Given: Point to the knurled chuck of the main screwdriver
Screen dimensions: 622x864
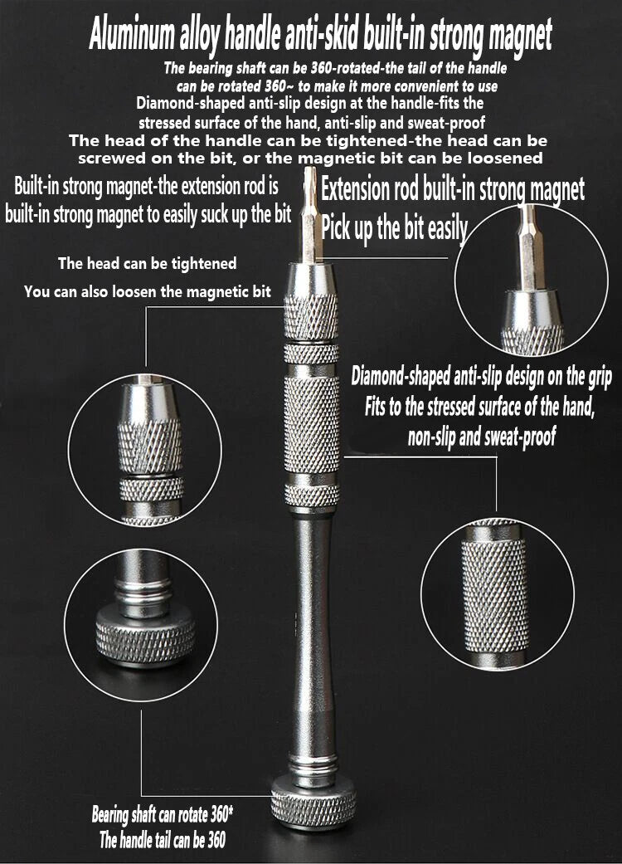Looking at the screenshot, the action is click(311, 302).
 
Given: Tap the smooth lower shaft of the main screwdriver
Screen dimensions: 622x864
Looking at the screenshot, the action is click(312, 633).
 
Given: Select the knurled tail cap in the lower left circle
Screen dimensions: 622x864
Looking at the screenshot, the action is click(145, 638).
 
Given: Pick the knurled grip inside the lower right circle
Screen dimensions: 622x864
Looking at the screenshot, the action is click(495, 595).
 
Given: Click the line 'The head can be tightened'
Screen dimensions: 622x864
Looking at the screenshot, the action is click(148, 263).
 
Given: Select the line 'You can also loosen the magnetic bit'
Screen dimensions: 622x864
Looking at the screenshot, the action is click(148, 291).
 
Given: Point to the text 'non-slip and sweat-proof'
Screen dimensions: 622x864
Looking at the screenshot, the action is click(482, 437).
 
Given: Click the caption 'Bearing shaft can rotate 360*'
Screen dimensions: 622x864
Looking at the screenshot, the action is click(163, 814).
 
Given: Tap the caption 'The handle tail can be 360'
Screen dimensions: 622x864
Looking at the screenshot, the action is click(163, 840).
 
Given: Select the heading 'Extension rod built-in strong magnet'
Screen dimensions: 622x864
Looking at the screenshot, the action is click(453, 190).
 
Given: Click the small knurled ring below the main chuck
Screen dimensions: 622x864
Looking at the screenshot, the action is click(311, 354).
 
